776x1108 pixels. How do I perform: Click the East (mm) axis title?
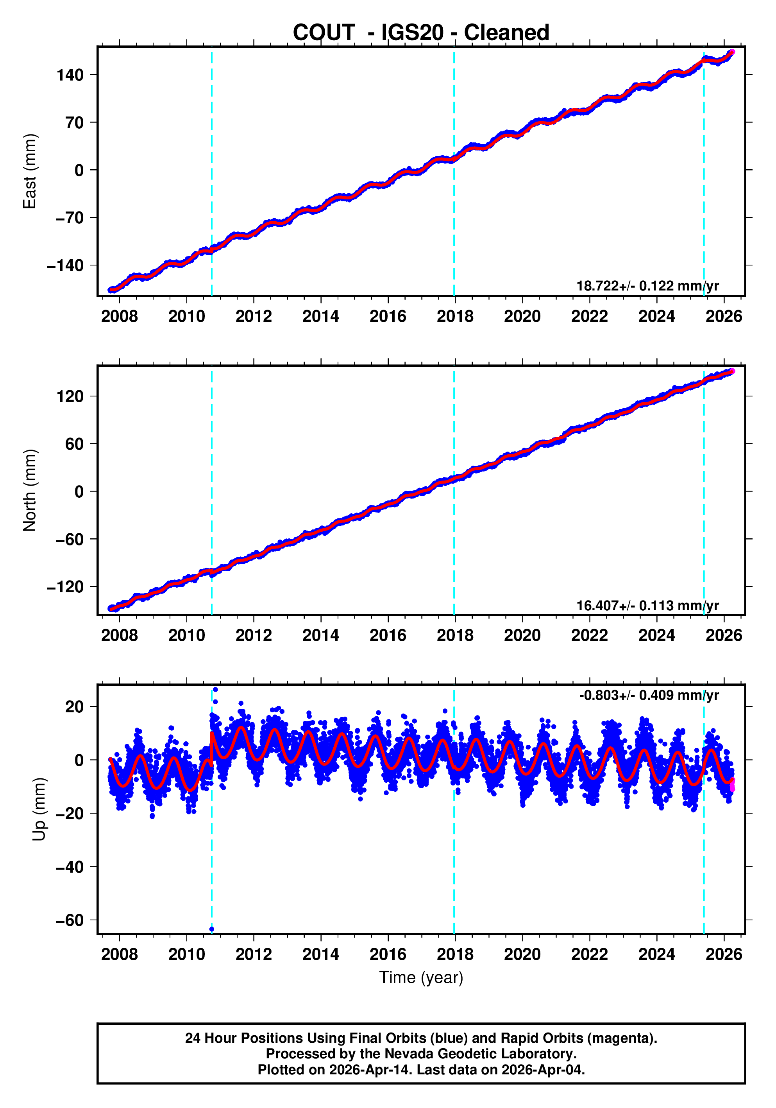click(x=30, y=171)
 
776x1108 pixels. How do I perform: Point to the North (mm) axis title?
click(x=30, y=490)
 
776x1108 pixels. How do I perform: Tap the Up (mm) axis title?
click(x=39, y=809)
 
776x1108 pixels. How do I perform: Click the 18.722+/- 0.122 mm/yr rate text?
click(x=647, y=286)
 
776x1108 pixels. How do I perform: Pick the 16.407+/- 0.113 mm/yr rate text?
click(x=647, y=605)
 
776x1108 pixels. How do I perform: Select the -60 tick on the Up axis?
click(x=70, y=920)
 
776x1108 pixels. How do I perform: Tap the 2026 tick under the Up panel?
click(x=723, y=954)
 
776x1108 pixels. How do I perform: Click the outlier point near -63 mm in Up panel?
click(x=212, y=929)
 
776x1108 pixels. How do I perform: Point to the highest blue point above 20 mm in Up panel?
click(x=215, y=690)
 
